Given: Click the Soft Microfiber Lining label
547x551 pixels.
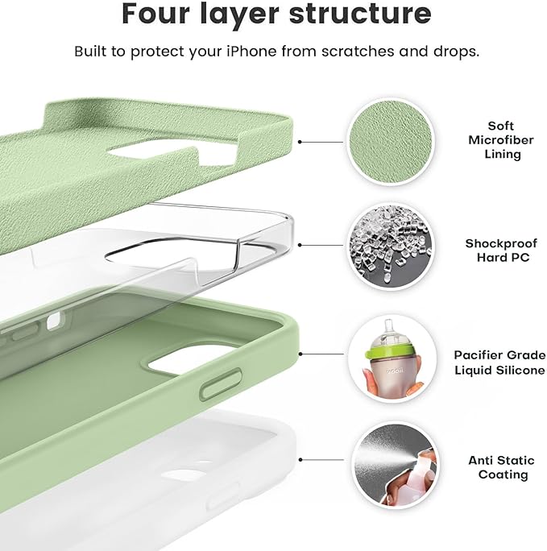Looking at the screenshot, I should tap(500, 140).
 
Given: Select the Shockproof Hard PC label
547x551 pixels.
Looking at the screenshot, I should tap(497, 250).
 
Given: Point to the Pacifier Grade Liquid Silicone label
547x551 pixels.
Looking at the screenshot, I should tap(499, 362).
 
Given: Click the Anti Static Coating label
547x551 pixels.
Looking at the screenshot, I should tap(501, 467).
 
